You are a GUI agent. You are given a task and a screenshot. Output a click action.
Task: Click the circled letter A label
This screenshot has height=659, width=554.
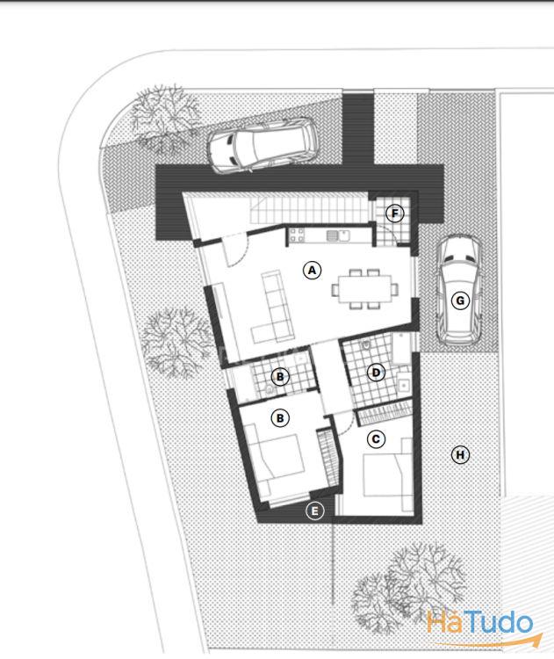pyautogui.click(x=312, y=271)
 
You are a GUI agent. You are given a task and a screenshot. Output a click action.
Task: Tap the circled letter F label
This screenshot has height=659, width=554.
pyautogui.click(x=395, y=214)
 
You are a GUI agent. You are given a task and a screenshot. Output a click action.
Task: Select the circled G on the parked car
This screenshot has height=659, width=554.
pyautogui.click(x=460, y=301)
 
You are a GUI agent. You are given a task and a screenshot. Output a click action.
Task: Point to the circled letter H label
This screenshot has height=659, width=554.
pyautogui.click(x=460, y=455)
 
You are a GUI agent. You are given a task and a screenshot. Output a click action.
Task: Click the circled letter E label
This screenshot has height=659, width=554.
pyautogui.click(x=315, y=511)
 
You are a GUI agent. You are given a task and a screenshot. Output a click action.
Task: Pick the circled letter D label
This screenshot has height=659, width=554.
pyautogui.click(x=376, y=373)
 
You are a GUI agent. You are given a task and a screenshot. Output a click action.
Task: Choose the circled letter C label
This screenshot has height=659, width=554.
pyautogui.click(x=376, y=439)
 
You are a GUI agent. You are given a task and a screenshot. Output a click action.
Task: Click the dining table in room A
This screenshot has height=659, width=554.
pyautogui.click(x=365, y=289)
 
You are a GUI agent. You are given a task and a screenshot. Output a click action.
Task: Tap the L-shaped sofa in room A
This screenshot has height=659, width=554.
pyautogui.click(x=273, y=307)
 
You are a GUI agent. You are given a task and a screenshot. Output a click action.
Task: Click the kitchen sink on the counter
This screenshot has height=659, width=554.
pyautogui.click(x=338, y=235)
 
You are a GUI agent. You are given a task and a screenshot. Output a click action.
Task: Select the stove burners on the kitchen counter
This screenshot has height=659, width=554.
pyautogui.click(x=296, y=235)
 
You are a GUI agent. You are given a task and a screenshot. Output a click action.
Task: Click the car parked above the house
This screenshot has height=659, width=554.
pyautogui.click(x=263, y=146)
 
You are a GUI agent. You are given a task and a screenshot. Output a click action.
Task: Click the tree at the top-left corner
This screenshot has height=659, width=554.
pyautogui.click(x=165, y=118)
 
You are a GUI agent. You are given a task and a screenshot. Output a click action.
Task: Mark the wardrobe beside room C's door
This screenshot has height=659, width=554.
pyautogui.click(x=385, y=413)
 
